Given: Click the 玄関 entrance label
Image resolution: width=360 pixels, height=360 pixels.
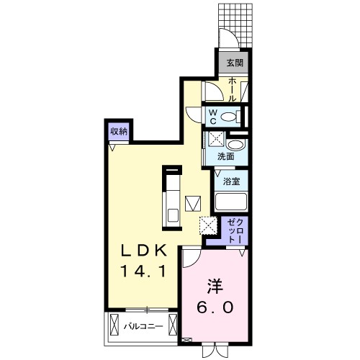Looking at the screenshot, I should [234, 63].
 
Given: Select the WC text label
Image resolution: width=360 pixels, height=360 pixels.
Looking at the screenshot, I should [213, 116].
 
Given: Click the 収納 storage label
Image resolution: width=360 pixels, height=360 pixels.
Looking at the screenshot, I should [119, 131].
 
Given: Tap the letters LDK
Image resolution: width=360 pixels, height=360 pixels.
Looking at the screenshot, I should [143, 251].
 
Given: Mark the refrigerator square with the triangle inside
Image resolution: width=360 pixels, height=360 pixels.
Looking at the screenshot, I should [192, 202].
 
